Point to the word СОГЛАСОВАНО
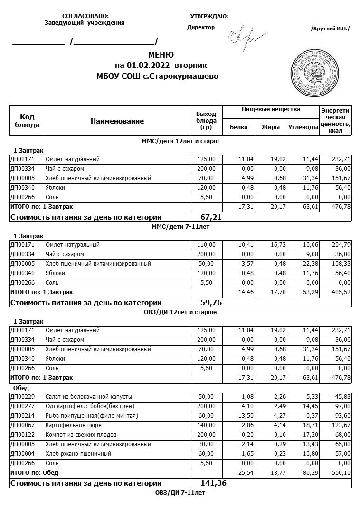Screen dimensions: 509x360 tap(85, 16)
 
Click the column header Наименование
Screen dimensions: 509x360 tap(117, 121)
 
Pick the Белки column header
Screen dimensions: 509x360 tap(238, 127)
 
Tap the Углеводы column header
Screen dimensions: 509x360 tap(303, 127)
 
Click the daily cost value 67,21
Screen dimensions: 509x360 tap(212, 217)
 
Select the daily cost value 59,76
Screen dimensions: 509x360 tap(212, 302)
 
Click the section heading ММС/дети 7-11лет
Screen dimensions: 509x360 tap(180, 227)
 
